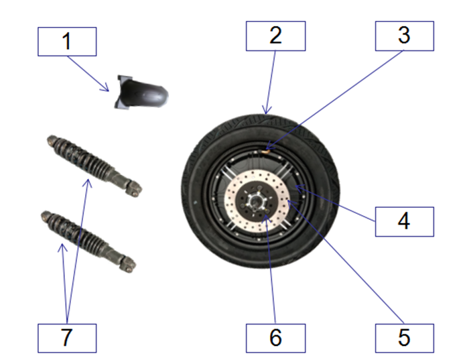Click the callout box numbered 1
pyautogui.click(x=67, y=41)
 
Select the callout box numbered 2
pyautogui.click(x=275, y=36)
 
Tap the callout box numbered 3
pyautogui.click(x=404, y=36)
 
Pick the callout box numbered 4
pyautogui.click(x=404, y=221)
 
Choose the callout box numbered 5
pyautogui.click(x=404, y=338)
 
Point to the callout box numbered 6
pyautogui.click(x=275, y=338)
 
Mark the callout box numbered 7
pyautogui.click(x=67, y=338)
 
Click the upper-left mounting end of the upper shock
pyautogui.click(x=52, y=141)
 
